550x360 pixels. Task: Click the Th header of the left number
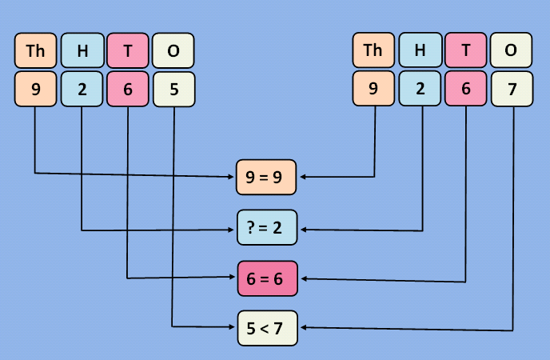(x=36, y=51)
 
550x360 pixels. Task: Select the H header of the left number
(x=82, y=51)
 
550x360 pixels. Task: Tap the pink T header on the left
(x=128, y=51)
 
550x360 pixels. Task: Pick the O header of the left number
(x=174, y=51)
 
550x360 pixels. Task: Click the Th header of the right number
(x=373, y=51)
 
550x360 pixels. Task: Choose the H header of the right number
(x=420, y=51)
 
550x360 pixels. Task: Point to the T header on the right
(x=465, y=51)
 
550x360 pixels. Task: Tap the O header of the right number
(x=512, y=51)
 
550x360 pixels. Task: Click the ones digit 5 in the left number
(x=174, y=90)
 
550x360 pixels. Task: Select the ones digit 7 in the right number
(x=512, y=90)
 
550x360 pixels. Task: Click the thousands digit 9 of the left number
(x=36, y=90)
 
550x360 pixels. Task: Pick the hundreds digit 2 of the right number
(x=420, y=90)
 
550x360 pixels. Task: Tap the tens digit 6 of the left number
(x=128, y=90)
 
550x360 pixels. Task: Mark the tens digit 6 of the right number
(x=465, y=90)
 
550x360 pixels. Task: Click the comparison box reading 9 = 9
(x=267, y=178)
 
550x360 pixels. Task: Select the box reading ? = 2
(x=267, y=229)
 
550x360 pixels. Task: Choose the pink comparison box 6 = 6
(x=267, y=278)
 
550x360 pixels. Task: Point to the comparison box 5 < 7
(x=267, y=328)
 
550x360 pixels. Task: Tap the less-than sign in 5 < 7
(x=267, y=328)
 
